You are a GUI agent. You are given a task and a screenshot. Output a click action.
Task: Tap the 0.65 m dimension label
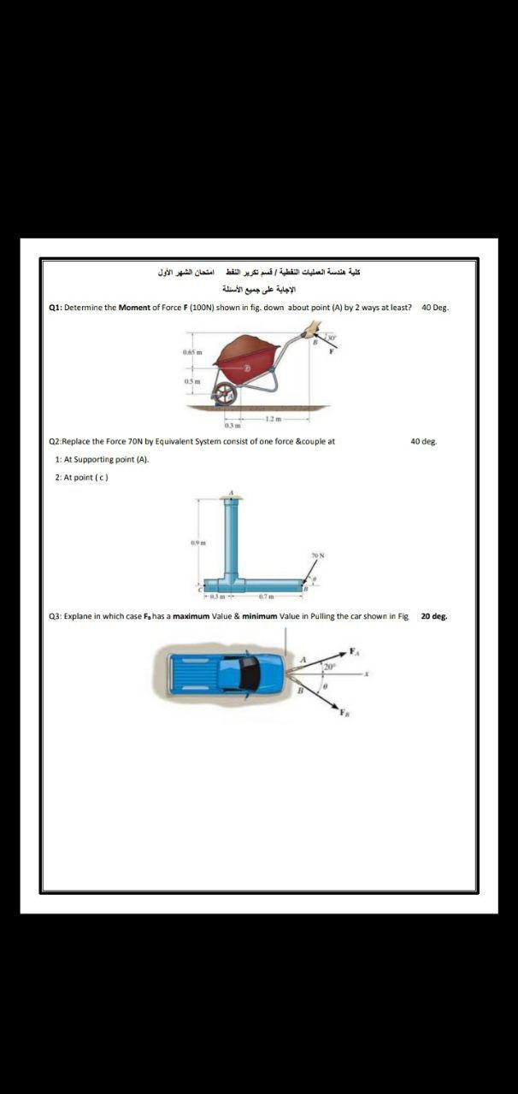tap(191, 350)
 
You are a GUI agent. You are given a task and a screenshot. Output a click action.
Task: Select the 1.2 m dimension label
tap(272, 417)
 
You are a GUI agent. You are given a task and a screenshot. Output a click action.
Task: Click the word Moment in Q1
tap(134, 307)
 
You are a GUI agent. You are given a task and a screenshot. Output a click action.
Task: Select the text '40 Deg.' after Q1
tap(435, 307)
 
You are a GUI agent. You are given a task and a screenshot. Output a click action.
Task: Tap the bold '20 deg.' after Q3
tap(434, 615)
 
